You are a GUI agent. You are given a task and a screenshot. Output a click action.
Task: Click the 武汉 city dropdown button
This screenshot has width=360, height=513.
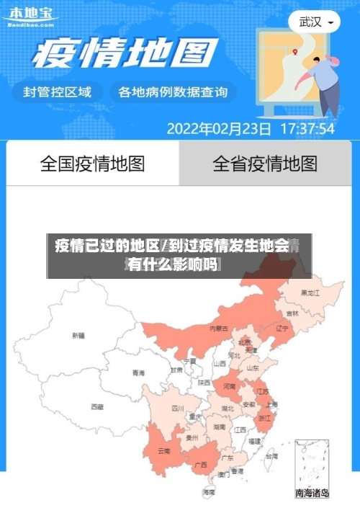tap(315, 22)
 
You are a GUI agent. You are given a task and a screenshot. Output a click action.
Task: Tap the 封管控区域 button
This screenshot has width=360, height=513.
tap(58, 92)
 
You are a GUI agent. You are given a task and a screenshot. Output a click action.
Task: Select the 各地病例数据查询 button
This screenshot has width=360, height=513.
tap(172, 92)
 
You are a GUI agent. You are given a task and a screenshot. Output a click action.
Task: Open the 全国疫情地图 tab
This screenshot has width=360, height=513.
tap(92, 164)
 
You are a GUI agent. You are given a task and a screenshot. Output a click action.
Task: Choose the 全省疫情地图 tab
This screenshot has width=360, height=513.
tap(264, 164)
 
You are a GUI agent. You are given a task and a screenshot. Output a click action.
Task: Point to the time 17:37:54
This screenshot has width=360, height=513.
tap(307, 130)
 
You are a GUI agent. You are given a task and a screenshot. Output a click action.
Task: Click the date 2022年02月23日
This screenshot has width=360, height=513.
tap(219, 130)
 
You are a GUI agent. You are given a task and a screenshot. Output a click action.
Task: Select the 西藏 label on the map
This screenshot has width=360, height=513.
tap(96, 407)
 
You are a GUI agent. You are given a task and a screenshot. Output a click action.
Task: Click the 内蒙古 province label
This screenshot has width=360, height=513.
tap(218, 329)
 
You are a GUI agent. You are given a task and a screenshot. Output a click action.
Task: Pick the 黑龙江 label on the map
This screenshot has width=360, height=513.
tap(311, 293)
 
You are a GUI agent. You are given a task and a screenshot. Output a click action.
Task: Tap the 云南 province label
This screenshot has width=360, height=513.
tap(164, 452)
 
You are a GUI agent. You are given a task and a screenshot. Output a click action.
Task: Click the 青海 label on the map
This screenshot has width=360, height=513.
tap(138, 373)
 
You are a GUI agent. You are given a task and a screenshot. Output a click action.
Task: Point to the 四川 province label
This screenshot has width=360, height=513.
tap(177, 408)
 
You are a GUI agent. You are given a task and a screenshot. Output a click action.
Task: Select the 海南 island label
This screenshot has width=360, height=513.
tap(209, 492)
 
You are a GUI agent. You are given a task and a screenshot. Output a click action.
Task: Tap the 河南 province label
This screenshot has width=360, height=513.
tap(229, 387)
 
